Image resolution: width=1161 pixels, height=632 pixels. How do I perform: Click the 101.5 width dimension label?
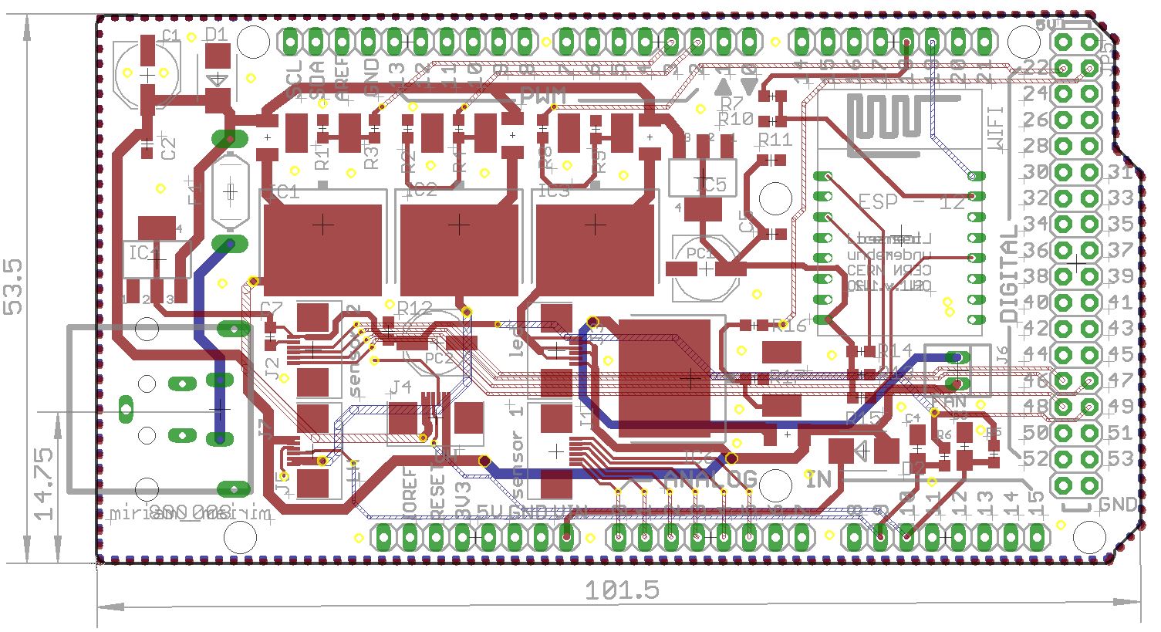[x=622, y=590]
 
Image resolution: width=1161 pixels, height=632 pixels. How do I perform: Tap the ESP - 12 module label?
[x=911, y=202]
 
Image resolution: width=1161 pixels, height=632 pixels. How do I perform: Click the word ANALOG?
[x=711, y=479]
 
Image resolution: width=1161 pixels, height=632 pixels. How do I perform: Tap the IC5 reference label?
[x=710, y=185]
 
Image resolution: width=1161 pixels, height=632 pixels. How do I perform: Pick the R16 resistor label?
[x=789, y=327]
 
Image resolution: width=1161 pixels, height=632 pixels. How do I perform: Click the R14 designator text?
[x=896, y=350]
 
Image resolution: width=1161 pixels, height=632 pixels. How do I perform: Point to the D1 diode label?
[x=217, y=35]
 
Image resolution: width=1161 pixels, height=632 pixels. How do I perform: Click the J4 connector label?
[x=403, y=387]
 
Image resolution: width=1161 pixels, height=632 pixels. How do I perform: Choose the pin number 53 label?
[x=1119, y=458]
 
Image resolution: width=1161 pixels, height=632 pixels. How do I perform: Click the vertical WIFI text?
[x=996, y=127]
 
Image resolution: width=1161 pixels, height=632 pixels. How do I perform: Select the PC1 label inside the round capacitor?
[x=700, y=254]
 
